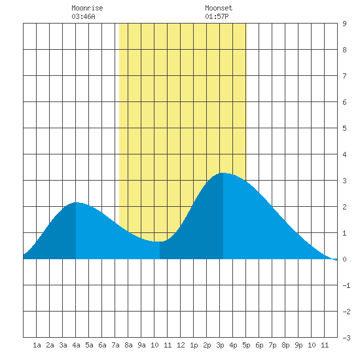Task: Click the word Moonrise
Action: pyautogui.click(x=87, y=8)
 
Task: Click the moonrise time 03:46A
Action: pyautogui.click(x=83, y=16)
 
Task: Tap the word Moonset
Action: pyautogui.click(x=219, y=8)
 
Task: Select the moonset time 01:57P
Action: pyautogui.click(x=217, y=16)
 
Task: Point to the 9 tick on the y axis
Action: pyautogui.click(x=344, y=24)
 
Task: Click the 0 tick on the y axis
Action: pyautogui.click(x=344, y=259)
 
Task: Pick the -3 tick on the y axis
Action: pyautogui.click(x=346, y=338)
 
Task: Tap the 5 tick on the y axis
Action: pyautogui.click(x=344, y=128)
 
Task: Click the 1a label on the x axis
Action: pyautogui.click(x=37, y=345)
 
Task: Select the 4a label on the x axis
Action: pyautogui.click(x=76, y=345)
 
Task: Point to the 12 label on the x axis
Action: pyautogui.click(x=181, y=345)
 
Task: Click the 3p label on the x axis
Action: pyautogui.click(x=220, y=345)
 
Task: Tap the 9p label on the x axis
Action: pyautogui.click(x=298, y=345)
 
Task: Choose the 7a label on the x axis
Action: pyautogui.click(x=115, y=345)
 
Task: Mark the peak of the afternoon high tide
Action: pyautogui.click(x=223, y=173)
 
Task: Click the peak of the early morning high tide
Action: pyautogui.click(x=76, y=202)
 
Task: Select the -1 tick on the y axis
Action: pyautogui.click(x=346, y=285)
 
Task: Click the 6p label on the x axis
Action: pyautogui.click(x=259, y=345)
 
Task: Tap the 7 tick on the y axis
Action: pyautogui.click(x=344, y=76)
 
